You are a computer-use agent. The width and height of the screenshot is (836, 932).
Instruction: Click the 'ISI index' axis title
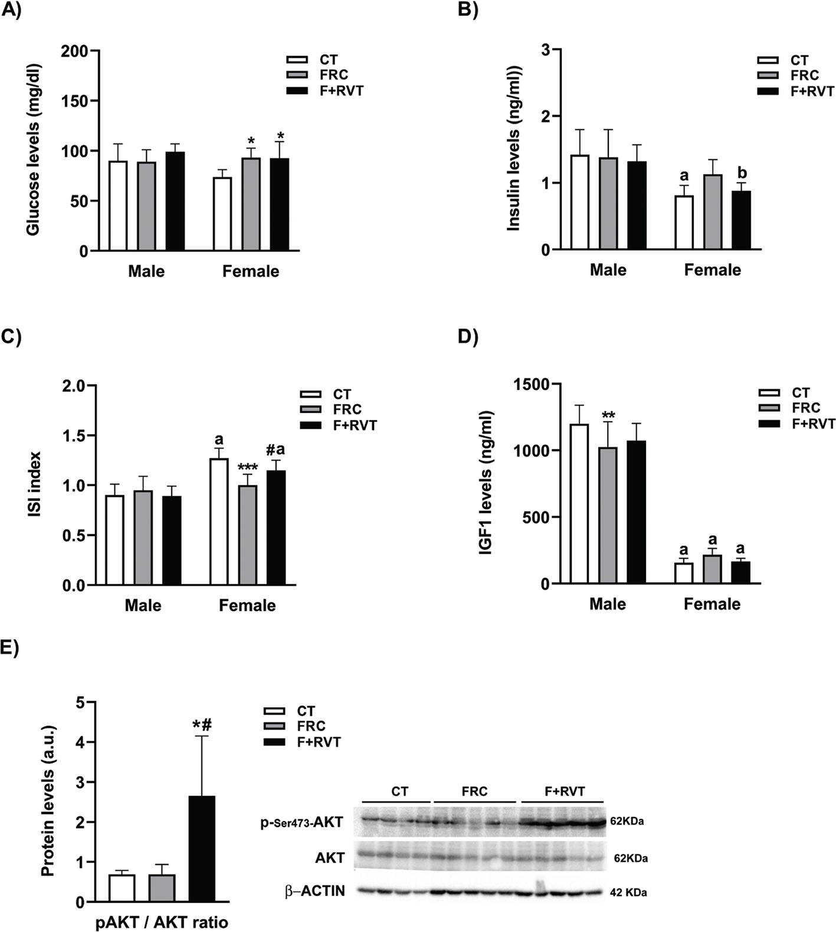[34, 485]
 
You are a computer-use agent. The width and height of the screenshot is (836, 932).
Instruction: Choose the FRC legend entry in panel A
[333, 75]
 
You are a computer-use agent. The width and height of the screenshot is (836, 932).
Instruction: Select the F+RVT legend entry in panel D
[813, 424]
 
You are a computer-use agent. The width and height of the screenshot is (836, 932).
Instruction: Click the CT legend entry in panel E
[306, 711]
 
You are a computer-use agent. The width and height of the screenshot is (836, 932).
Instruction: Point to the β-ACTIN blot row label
[315, 891]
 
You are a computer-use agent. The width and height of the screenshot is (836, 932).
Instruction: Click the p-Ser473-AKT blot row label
[301, 822]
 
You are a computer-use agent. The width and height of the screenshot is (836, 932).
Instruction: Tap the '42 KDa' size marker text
[628, 892]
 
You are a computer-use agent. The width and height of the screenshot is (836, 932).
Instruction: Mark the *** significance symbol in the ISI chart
[247, 467]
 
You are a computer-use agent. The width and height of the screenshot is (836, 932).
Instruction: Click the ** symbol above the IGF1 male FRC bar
[609, 414]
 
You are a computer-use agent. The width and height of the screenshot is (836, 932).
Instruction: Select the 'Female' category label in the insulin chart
[712, 270]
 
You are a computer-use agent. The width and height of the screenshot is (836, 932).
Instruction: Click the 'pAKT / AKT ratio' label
[162, 922]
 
